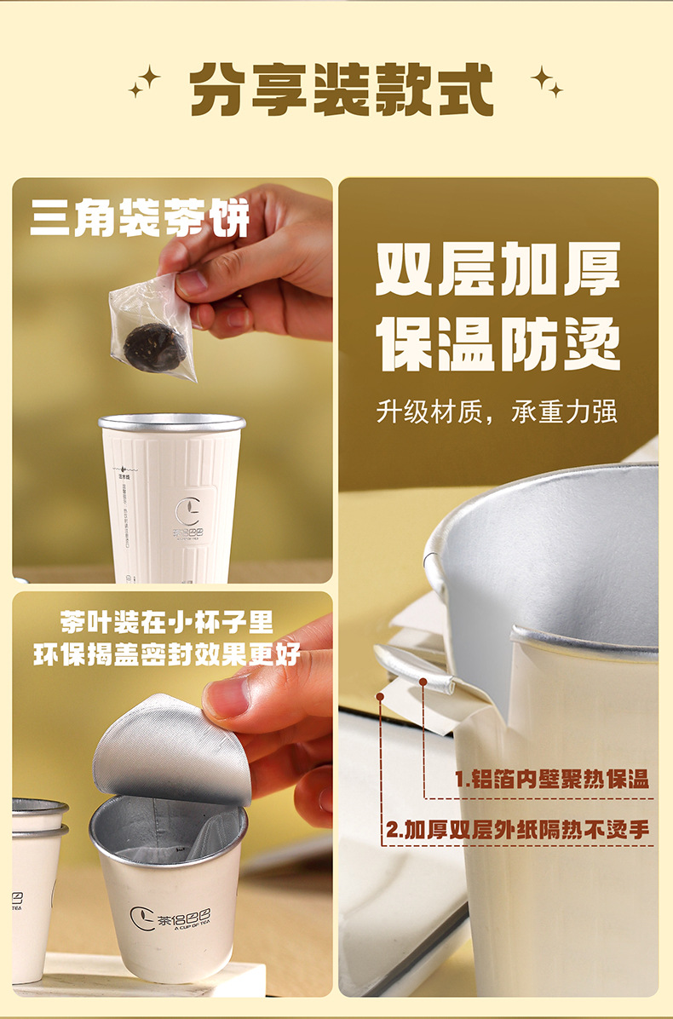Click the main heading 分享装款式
341,88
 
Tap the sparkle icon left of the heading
144,82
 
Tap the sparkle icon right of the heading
546,81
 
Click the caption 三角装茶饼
140,217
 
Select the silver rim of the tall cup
172,423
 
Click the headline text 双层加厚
498,268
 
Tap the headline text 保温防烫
498,345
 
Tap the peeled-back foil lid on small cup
170,750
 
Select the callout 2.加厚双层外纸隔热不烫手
517,829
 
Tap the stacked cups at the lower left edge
34,886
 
